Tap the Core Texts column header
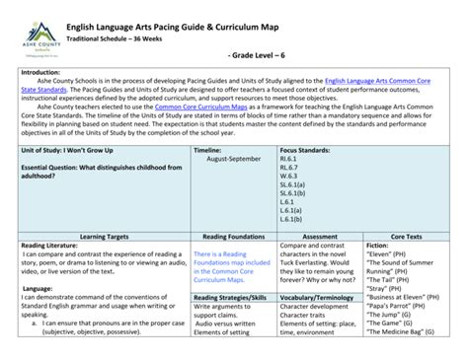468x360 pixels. (x=404, y=237)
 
